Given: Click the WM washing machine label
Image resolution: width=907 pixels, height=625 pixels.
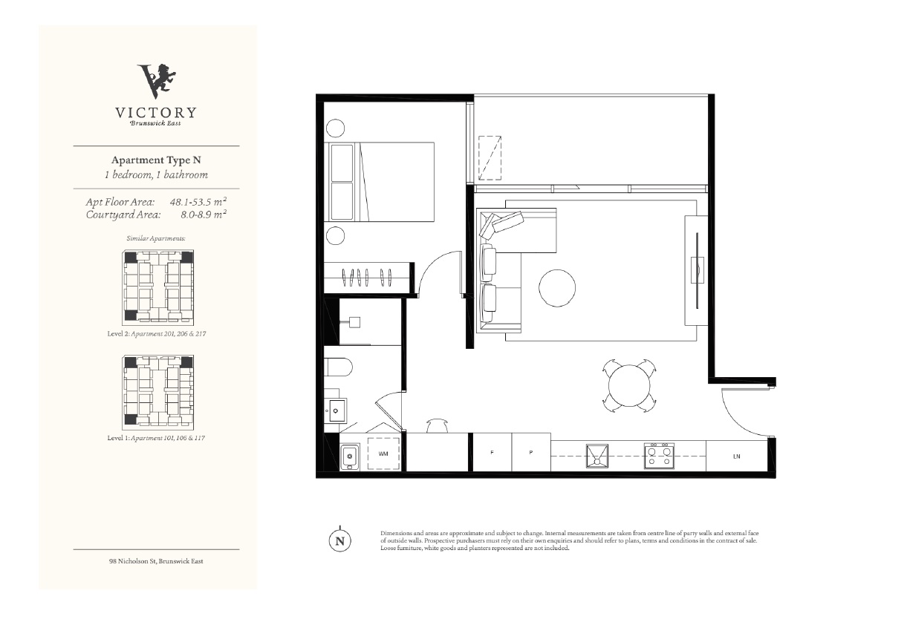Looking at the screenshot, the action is pyautogui.click(x=383, y=454).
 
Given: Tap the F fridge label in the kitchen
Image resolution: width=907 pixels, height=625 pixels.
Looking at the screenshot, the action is pyautogui.click(x=492, y=452).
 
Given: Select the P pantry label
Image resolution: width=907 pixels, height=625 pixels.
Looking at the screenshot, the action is pyautogui.click(x=531, y=452).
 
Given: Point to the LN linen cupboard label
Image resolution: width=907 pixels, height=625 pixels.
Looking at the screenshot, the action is pyautogui.click(x=737, y=457).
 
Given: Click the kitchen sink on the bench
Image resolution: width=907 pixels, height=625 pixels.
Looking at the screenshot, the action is pyautogui.click(x=597, y=457).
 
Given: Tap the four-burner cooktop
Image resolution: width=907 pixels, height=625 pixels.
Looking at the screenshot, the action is pyautogui.click(x=659, y=456).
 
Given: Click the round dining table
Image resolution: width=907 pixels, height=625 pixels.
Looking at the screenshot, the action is pyautogui.click(x=629, y=385).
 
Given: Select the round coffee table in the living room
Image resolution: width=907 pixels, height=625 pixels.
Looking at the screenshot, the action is pyautogui.click(x=557, y=288).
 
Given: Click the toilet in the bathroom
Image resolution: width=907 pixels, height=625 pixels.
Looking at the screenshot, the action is pyautogui.click(x=338, y=367).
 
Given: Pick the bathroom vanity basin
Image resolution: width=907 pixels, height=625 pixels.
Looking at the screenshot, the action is pyautogui.click(x=335, y=410).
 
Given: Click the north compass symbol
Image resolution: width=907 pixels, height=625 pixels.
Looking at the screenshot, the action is pyautogui.click(x=340, y=540).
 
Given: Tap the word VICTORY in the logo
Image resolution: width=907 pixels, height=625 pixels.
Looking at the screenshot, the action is pyautogui.click(x=156, y=113).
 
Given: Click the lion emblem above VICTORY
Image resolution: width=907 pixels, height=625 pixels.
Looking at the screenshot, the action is pyautogui.click(x=157, y=81).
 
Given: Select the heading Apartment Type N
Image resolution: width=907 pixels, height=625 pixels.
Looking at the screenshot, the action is pyautogui.click(x=156, y=160).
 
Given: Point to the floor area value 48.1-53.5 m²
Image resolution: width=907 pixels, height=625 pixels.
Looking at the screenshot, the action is pyautogui.click(x=198, y=201).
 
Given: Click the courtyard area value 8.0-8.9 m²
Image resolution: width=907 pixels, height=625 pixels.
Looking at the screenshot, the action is pyautogui.click(x=204, y=215).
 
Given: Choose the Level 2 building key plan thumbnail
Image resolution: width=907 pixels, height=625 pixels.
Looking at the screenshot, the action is pyautogui.click(x=158, y=287).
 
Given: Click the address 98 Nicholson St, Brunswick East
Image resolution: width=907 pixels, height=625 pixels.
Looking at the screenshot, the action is pyautogui.click(x=156, y=561).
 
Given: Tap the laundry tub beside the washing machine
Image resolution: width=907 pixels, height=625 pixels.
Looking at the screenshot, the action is pyautogui.click(x=350, y=457).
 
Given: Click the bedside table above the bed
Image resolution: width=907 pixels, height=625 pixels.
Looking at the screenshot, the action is pyautogui.click(x=335, y=128).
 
